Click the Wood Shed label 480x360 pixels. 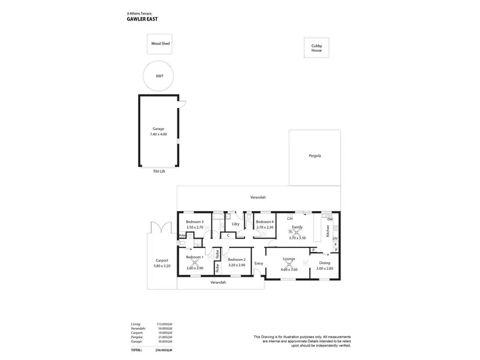pos(161,44)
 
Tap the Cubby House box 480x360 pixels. pos(317,48)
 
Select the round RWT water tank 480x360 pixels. pos(159,76)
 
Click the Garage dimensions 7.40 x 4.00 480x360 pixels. pos(158,134)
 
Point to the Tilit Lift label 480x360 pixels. pos(159,171)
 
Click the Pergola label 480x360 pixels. pos(314,155)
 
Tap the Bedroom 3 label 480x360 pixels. pos(194,221)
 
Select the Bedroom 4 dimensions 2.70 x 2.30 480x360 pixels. pos(265,227)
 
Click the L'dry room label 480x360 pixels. pos(236,223)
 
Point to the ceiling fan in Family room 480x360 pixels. pos(298,232)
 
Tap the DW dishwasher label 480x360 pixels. pos(330,219)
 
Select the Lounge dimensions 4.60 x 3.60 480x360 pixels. pos(289,269)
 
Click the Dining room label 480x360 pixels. pos(324,263)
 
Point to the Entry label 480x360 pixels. pos(259,263)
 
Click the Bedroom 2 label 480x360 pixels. pos(236,259)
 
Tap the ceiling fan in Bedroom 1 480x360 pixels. pos(195,262)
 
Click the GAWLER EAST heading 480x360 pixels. pos(143,19)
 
